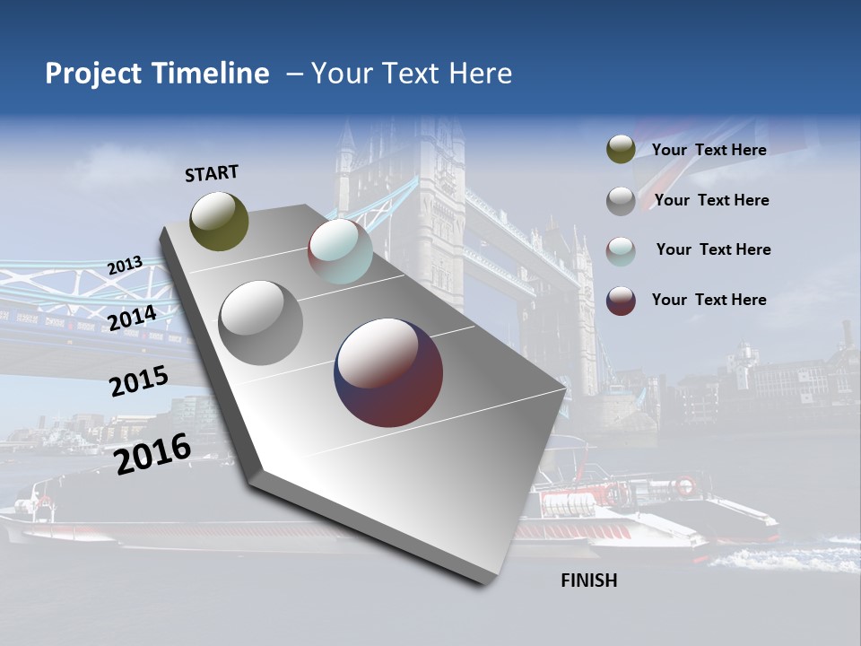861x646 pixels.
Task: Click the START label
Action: tap(212, 173)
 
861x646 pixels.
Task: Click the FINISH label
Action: tap(588, 581)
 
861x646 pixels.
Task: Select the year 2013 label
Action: tap(125, 266)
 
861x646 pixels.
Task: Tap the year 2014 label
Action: tap(132, 318)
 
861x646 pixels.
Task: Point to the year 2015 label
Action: tap(138, 381)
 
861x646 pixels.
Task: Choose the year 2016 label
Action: tap(152, 454)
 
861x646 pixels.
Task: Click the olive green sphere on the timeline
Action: tap(219, 221)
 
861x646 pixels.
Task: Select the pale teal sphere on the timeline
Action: tap(340, 252)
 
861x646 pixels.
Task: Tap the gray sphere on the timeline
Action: tap(260, 322)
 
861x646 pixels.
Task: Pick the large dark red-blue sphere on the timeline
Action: tap(388, 372)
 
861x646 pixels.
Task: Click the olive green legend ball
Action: tap(621, 150)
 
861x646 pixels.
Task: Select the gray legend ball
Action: tap(621, 200)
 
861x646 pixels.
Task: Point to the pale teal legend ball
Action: tap(621, 250)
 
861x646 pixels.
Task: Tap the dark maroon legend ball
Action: tap(621, 301)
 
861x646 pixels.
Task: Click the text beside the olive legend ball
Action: tap(709, 150)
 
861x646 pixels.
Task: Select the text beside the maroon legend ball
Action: tap(709, 300)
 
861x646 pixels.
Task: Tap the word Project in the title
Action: tap(92, 74)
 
